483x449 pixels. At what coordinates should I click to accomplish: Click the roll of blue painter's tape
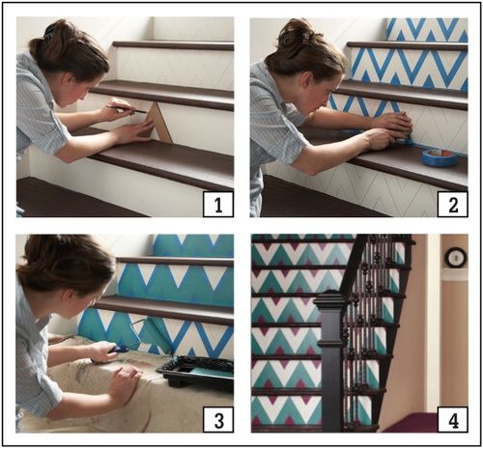click(x=440, y=156)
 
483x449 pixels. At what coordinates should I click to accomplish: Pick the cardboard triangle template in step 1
click(x=157, y=121)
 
